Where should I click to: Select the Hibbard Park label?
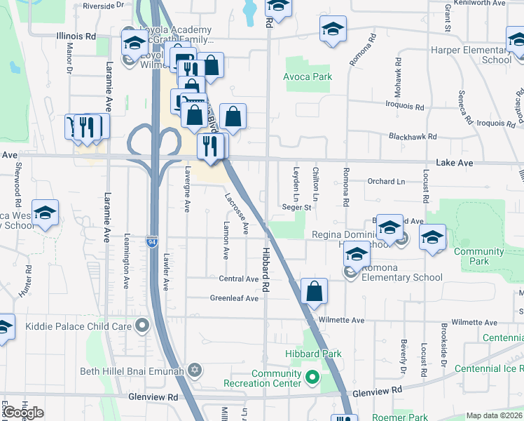[x=312, y=354]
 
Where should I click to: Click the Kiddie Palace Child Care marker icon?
[x=143, y=326]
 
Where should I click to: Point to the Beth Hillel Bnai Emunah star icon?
[x=195, y=370]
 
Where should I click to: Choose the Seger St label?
[x=296, y=208]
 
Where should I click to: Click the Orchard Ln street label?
[x=386, y=181]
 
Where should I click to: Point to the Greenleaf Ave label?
[x=235, y=298]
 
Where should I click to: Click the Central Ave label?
[x=239, y=279]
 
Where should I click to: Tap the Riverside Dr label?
[x=103, y=5]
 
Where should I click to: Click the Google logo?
[x=23, y=413]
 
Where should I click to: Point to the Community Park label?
[x=479, y=256]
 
